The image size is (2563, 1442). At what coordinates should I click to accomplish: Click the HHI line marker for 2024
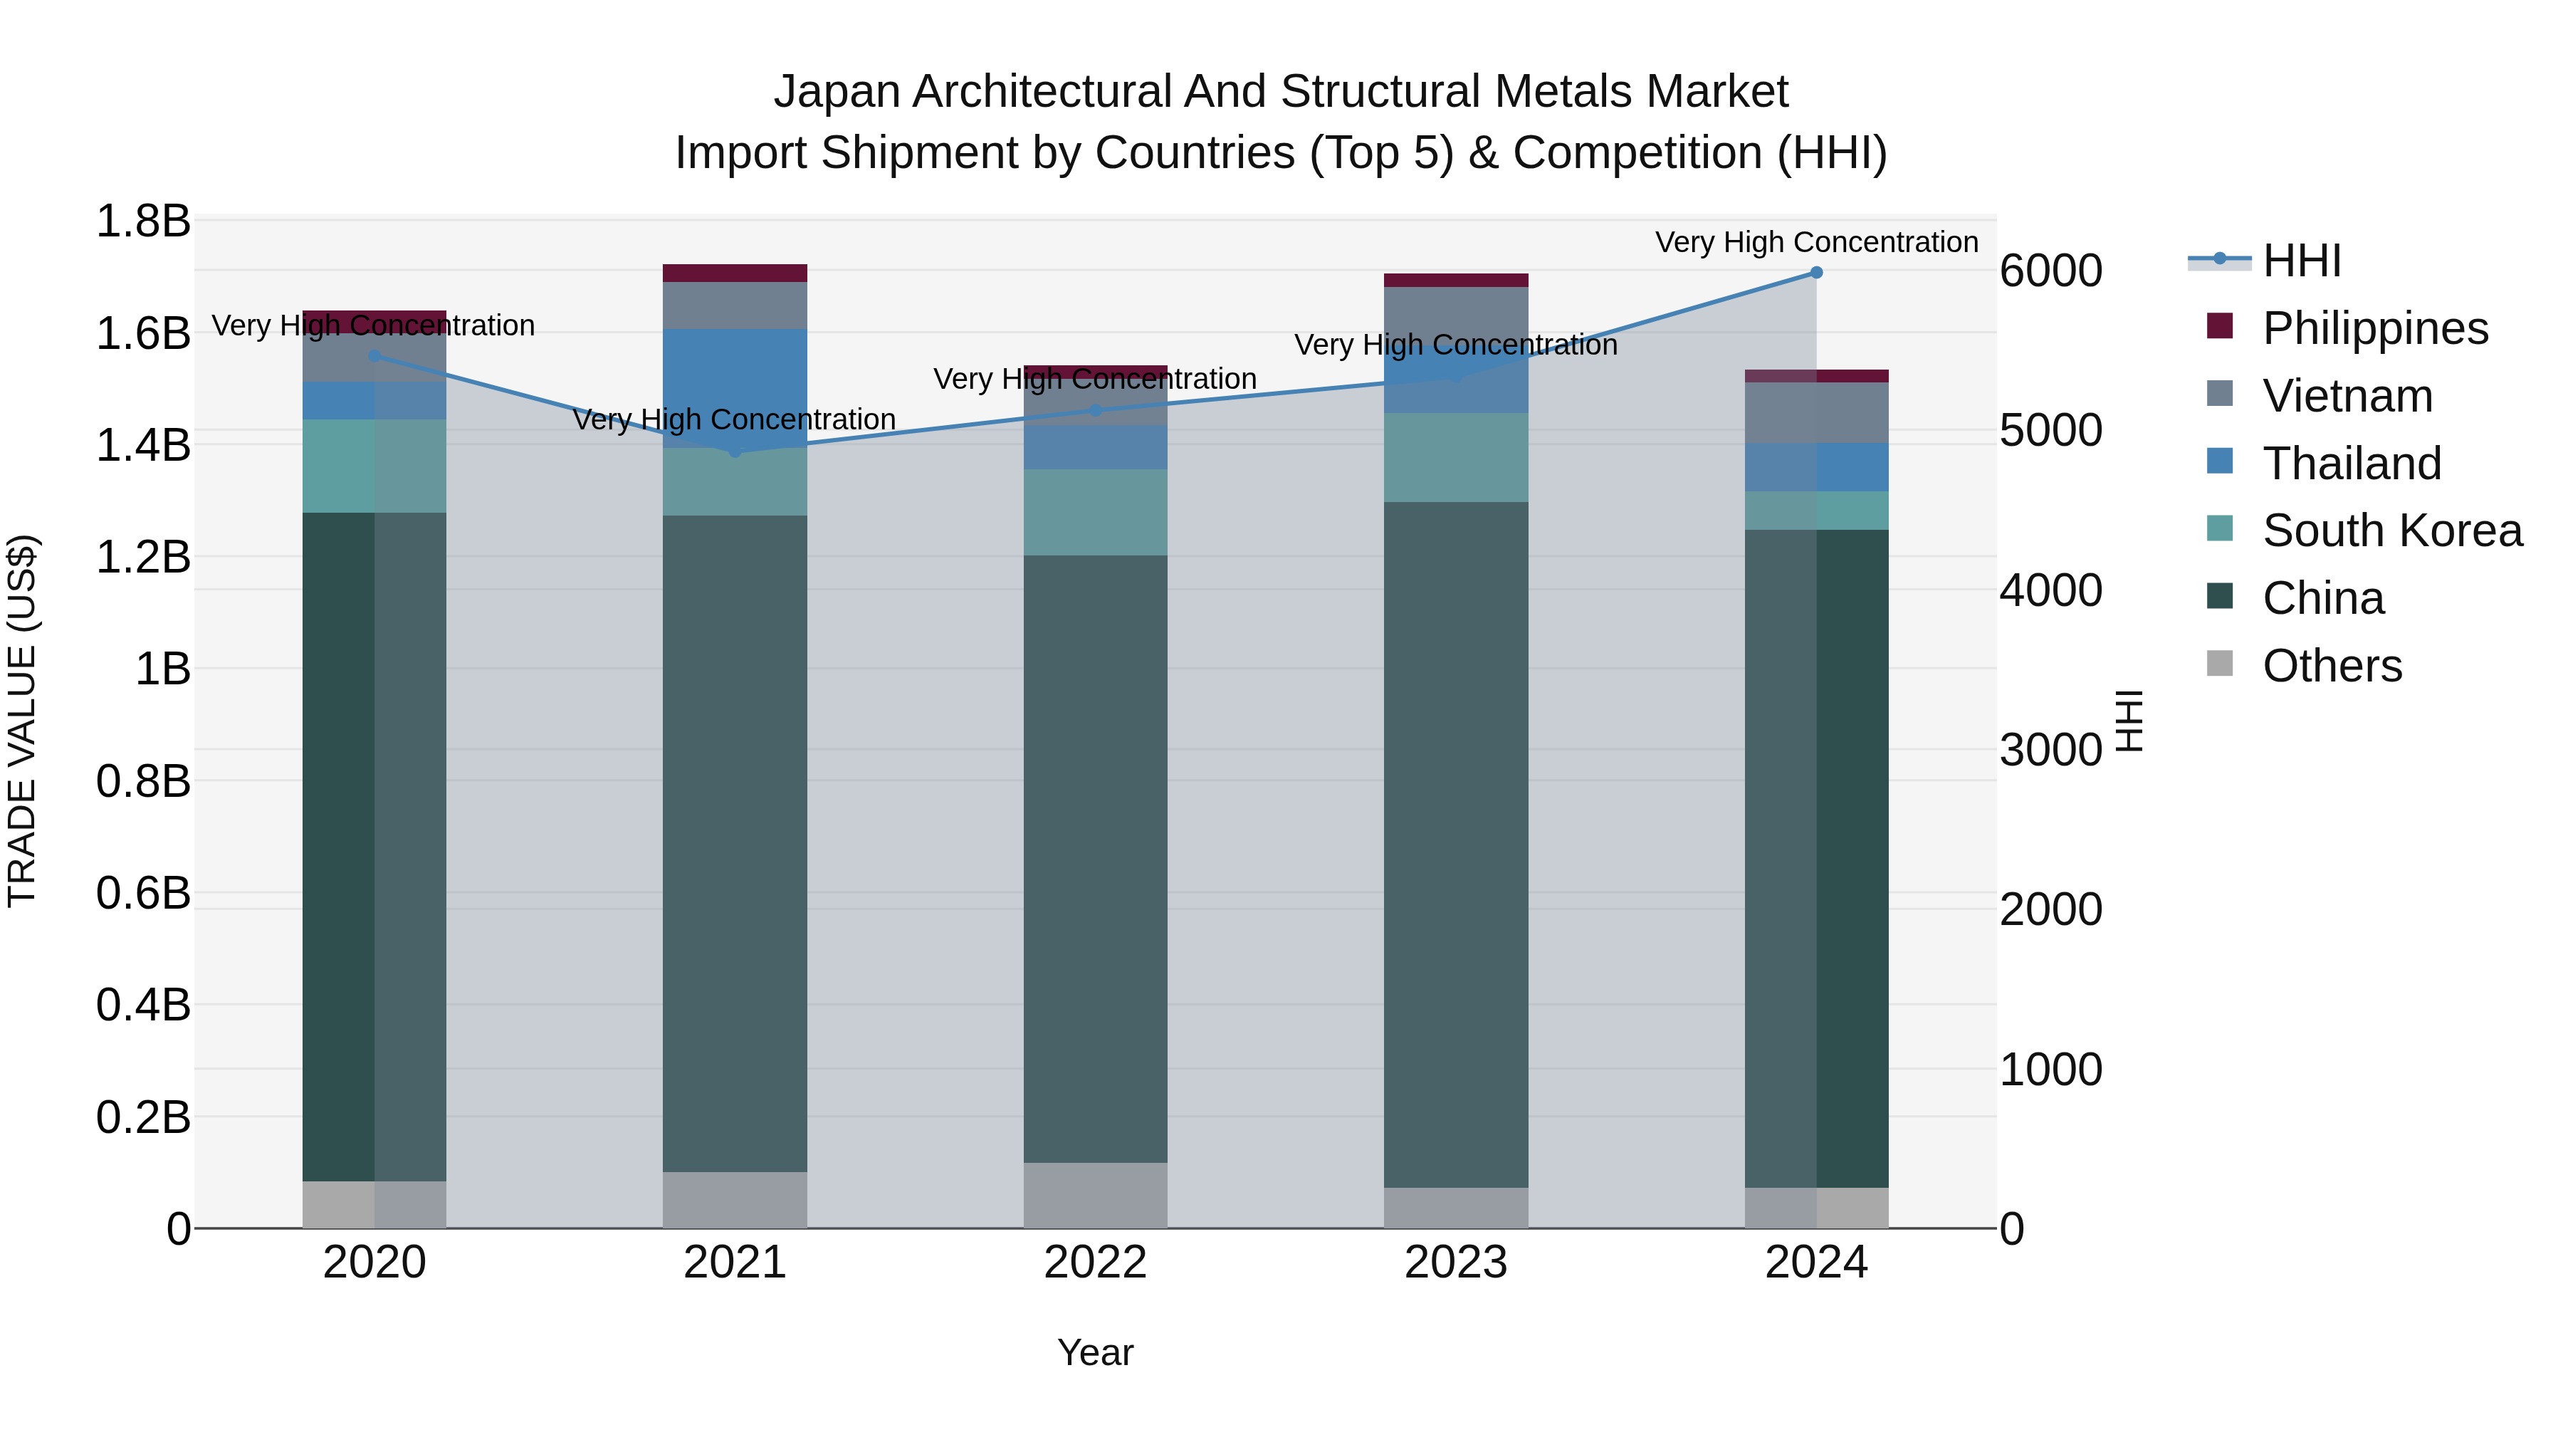(1815, 273)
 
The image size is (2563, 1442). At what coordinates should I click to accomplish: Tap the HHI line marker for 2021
(735, 451)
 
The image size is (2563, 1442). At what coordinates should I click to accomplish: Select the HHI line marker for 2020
(374, 355)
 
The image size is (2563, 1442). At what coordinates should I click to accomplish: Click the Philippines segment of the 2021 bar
(735, 273)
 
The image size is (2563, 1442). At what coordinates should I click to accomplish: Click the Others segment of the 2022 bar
(1096, 1194)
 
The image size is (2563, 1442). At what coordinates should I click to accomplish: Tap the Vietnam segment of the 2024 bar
(1815, 412)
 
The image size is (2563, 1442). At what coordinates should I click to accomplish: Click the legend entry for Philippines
(2375, 328)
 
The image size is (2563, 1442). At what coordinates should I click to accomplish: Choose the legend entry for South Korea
(2392, 531)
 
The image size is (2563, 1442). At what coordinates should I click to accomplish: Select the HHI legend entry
(2301, 261)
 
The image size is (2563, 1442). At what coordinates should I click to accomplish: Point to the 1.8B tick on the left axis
(143, 221)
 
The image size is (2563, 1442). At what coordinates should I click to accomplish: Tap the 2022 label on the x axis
(1096, 1263)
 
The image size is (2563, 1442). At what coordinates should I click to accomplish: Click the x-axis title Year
(1096, 1352)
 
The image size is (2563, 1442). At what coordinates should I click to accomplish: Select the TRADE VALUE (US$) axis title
(22, 721)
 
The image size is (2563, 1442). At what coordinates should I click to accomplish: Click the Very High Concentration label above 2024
(1815, 242)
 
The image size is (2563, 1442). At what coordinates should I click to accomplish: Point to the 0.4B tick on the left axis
(143, 1005)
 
